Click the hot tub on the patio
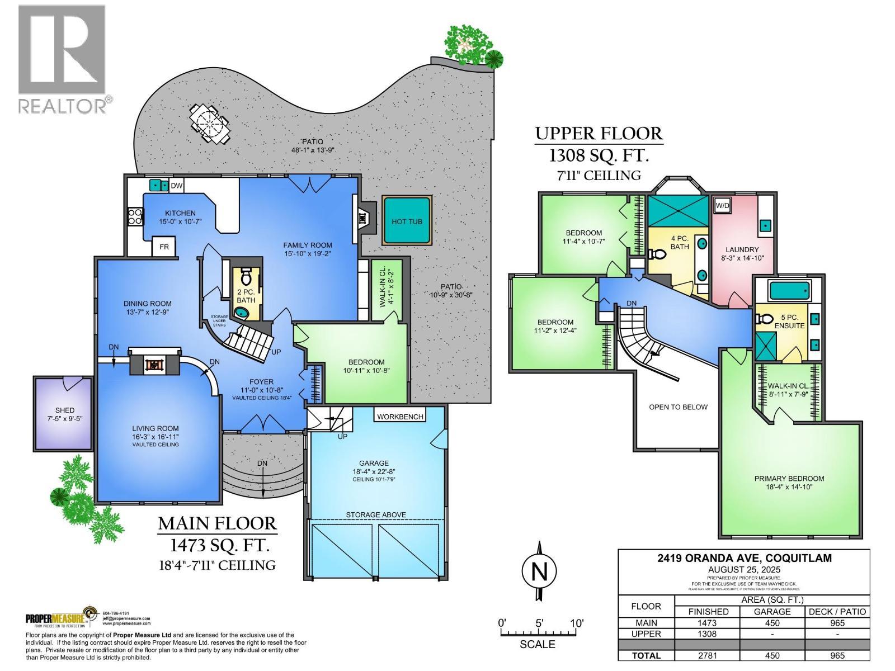(406, 220)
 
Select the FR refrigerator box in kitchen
(164, 247)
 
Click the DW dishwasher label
(176, 185)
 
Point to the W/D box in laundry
(722, 205)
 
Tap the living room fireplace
(153, 365)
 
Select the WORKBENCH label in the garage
(400, 417)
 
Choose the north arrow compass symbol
(539, 571)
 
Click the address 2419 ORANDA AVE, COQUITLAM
(744, 558)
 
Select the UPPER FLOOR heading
(599, 134)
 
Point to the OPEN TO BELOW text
(678, 407)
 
